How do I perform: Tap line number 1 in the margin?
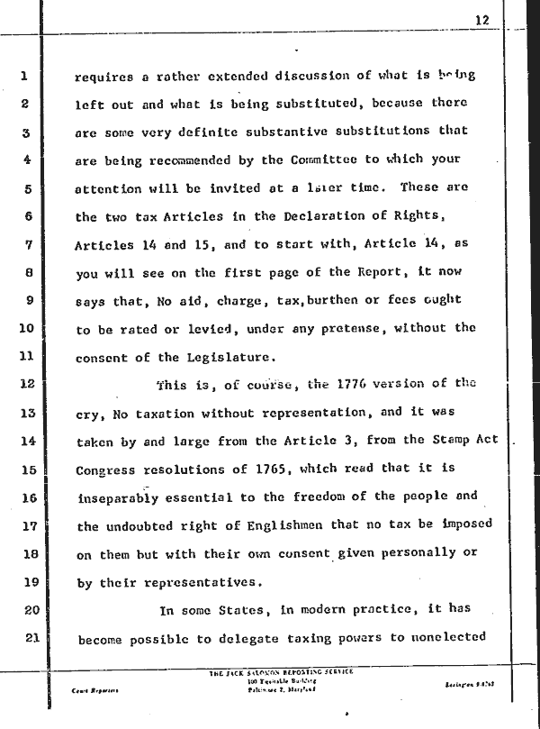click(x=26, y=76)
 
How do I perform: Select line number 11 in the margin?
click(x=25, y=356)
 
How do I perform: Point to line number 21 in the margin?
click(x=25, y=639)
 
